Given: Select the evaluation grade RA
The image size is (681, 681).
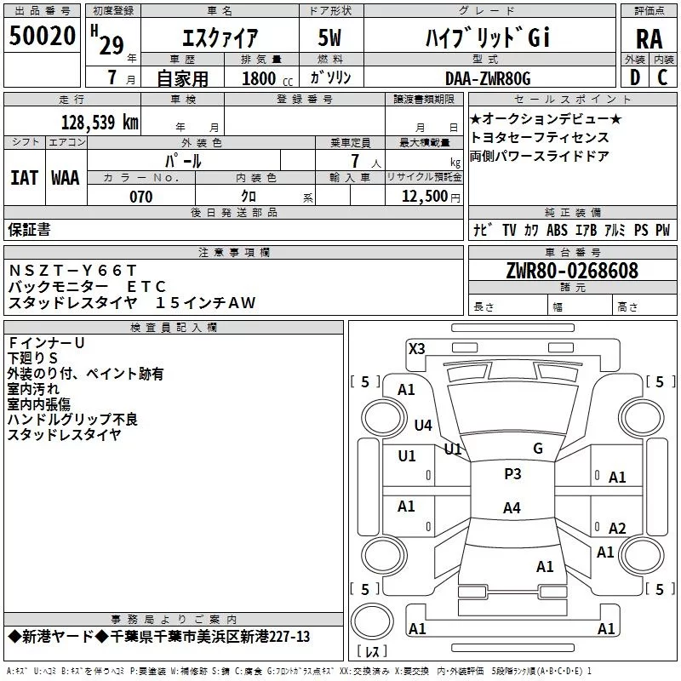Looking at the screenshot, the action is pyautogui.click(x=649, y=37).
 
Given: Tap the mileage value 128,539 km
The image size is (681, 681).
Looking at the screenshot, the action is pyautogui.click(x=100, y=122).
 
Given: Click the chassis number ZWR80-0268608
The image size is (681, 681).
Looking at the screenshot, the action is pyautogui.click(x=573, y=271).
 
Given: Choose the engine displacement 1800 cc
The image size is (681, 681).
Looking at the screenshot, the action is pyautogui.click(x=260, y=78).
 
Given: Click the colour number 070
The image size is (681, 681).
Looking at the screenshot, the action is pyautogui.click(x=140, y=197).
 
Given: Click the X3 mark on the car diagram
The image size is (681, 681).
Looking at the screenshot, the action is pyautogui.click(x=416, y=348).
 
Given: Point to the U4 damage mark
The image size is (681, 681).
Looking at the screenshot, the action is pyautogui.click(x=423, y=425).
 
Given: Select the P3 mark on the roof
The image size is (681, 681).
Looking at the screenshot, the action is pyautogui.click(x=512, y=474).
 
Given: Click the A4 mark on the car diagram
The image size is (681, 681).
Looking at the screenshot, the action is pyautogui.click(x=512, y=508).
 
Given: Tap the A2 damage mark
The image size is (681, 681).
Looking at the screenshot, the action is pyautogui.click(x=617, y=528).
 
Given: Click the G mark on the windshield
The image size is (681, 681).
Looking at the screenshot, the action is pyautogui.click(x=537, y=449).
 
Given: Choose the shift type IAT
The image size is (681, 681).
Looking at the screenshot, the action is pyautogui.click(x=24, y=178).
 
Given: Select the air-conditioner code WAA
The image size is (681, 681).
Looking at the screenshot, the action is pyautogui.click(x=65, y=178).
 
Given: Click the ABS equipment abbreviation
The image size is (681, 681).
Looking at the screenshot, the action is pyautogui.click(x=557, y=230).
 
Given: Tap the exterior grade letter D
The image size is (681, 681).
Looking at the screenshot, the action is pyautogui.click(x=634, y=78).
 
